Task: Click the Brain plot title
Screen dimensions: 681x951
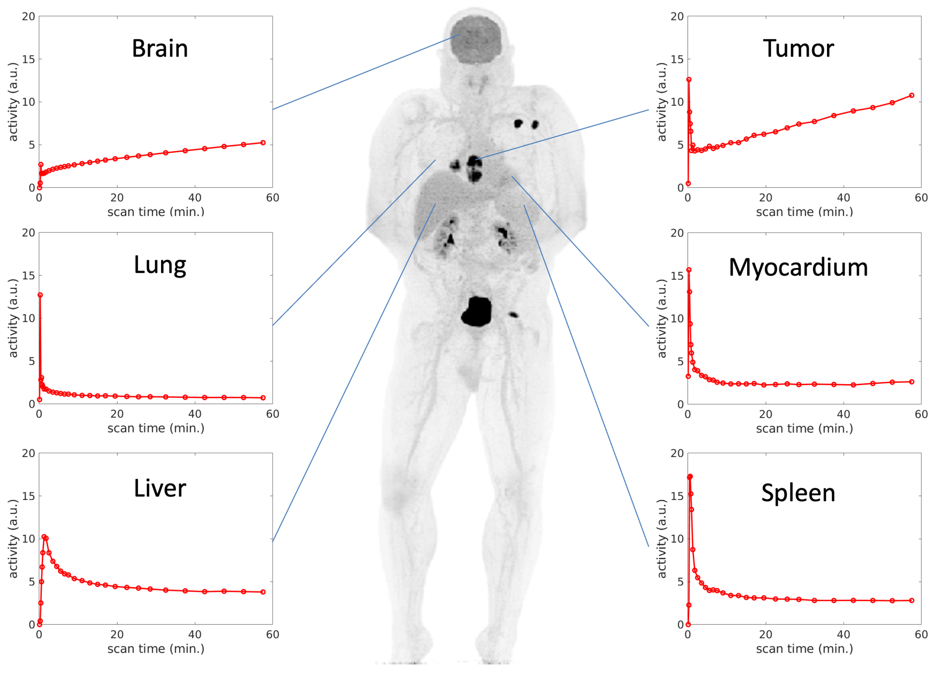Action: pos(160,48)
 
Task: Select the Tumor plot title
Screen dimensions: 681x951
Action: pos(798,48)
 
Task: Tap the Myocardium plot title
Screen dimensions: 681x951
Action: pos(798,268)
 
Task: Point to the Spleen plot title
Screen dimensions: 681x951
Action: pos(798,493)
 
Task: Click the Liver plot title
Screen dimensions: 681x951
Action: pos(160,488)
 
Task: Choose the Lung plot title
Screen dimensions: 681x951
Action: pos(160,265)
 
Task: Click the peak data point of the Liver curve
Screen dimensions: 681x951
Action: pos(44,537)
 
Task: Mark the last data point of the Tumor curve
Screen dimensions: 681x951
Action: pos(912,95)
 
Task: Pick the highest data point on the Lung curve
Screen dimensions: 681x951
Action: pos(40,295)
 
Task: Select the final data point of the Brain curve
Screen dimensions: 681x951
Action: pos(263,143)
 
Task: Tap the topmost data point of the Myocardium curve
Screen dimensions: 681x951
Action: pos(689,270)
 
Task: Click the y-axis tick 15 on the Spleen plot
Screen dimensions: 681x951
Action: pos(677,496)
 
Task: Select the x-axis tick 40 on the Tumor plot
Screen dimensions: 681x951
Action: pos(843,198)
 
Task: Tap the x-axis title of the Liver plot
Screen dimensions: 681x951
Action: pos(156,649)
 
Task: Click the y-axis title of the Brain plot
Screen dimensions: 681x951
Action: pos(13,102)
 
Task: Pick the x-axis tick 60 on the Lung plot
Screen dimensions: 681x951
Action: pos(273,414)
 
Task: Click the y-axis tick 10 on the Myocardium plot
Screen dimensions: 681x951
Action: pos(677,319)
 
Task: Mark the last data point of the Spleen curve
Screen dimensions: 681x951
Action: pos(912,601)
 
